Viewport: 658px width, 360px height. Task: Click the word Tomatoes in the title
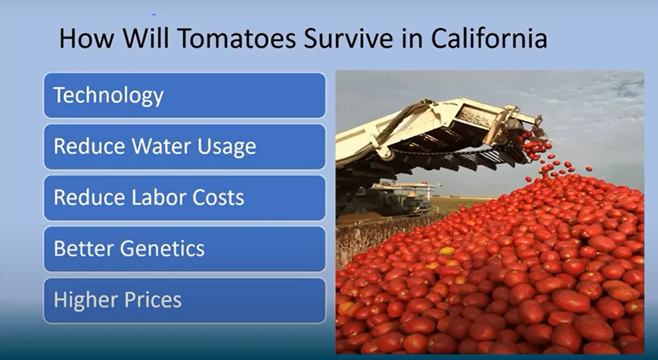(x=237, y=38)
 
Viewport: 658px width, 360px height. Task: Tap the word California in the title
(x=489, y=38)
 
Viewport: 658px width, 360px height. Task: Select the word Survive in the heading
(x=348, y=38)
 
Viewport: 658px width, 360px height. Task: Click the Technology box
(x=185, y=95)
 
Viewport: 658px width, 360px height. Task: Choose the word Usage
(x=226, y=147)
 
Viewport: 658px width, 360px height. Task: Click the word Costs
(x=218, y=197)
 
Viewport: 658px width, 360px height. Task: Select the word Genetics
(x=162, y=249)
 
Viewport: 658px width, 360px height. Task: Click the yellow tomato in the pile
(x=447, y=251)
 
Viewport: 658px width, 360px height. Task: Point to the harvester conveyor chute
(x=441, y=132)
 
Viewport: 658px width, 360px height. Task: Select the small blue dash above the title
(x=154, y=14)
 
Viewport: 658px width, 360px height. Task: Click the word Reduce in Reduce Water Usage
(x=89, y=146)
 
